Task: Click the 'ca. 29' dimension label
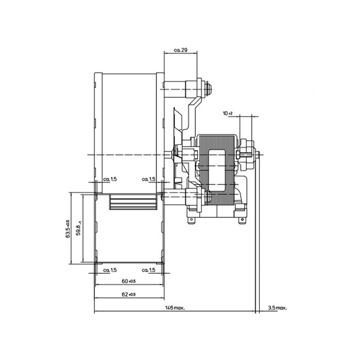(180, 50)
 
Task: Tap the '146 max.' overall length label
(175, 308)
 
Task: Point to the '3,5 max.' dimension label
(277, 308)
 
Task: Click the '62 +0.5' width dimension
(129, 295)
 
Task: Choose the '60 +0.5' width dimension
(129, 281)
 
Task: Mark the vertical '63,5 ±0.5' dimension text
(67, 229)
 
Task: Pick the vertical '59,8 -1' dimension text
(79, 229)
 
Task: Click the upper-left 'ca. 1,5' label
(110, 179)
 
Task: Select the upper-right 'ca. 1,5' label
(148, 179)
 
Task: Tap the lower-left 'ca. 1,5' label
(110, 270)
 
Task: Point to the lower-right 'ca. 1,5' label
(148, 270)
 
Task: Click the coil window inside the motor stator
(218, 166)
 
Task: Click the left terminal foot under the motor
(194, 220)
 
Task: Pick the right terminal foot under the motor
(243, 220)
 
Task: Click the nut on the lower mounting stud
(208, 195)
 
